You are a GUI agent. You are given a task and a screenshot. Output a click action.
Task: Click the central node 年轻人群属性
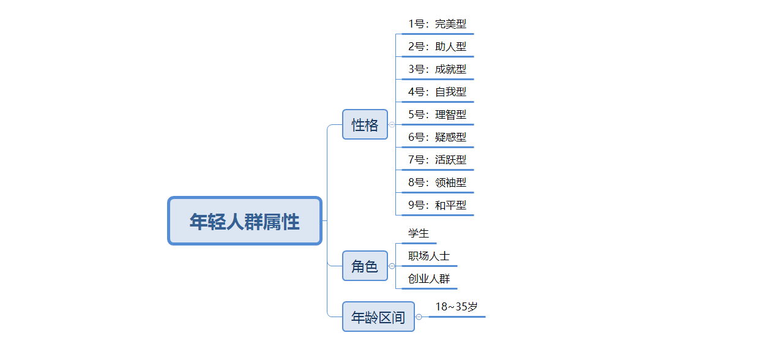pos(245,220)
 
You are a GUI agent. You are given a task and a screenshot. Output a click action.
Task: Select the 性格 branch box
pos(365,124)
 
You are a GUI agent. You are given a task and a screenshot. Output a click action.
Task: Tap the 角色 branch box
pos(365,266)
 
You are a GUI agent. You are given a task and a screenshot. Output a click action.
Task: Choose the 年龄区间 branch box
pos(378,317)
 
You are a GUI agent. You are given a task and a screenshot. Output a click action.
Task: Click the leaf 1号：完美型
pos(437,24)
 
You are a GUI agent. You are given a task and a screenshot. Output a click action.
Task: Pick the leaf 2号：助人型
pos(437,47)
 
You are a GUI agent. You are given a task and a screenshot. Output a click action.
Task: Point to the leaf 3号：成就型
pos(437,69)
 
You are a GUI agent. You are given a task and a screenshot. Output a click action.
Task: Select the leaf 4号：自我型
pos(437,92)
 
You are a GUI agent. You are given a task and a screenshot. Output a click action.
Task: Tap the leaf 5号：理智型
pos(437,114)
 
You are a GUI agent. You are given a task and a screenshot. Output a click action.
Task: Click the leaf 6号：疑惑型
pos(437,137)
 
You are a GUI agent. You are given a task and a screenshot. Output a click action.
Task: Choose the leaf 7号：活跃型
pos(437,160)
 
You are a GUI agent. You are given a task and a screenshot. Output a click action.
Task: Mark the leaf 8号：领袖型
pos(437,182)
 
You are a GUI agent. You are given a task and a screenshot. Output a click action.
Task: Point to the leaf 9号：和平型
pos(437,205)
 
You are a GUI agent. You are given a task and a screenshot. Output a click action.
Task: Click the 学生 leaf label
pos(419,233)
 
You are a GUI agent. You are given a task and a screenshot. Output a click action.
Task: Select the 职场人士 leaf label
pos(429,256)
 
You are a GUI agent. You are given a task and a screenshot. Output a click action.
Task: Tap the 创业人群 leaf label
pos(429,279)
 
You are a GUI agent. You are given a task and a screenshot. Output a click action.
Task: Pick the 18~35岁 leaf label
pos(457,307)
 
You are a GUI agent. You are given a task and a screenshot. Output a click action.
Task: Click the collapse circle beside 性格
pos(392,124)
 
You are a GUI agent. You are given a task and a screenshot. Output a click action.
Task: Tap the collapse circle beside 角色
pos(392,266)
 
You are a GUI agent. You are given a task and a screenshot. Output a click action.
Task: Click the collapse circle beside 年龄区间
pos(419,317)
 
